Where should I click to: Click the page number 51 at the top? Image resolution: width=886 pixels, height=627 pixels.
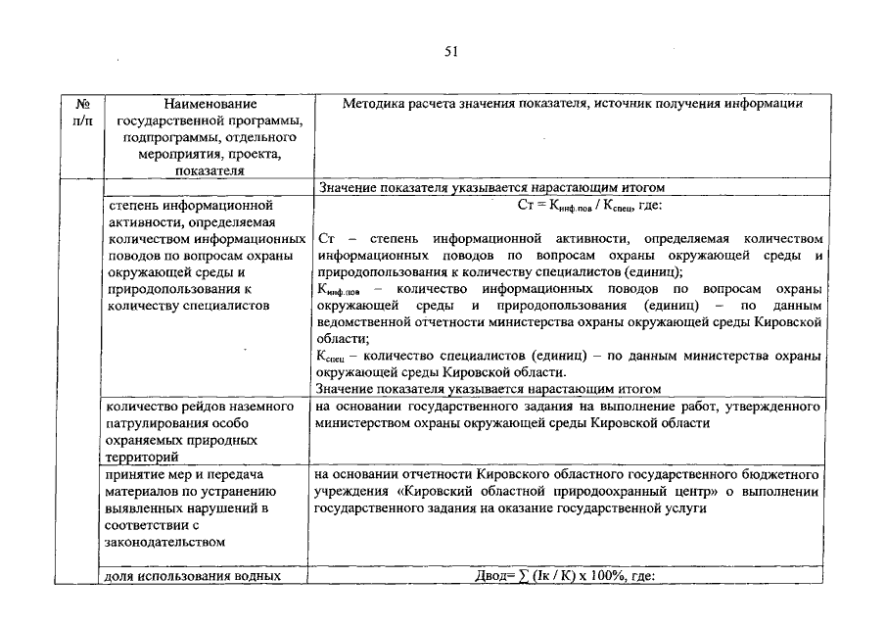click(451, 51)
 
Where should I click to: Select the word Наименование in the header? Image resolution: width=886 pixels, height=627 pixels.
click(210, 103)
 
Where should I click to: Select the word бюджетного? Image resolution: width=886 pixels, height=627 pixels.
click(779, 474)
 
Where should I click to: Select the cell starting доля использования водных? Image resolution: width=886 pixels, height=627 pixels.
click(193, 577)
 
